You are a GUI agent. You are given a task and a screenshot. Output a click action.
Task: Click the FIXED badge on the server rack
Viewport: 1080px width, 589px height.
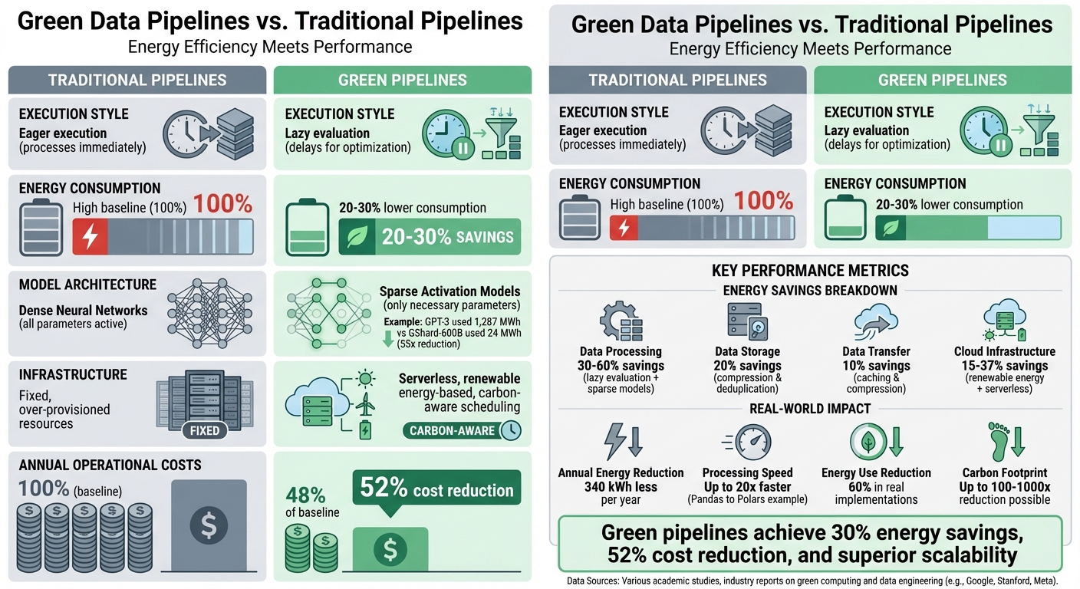pyautogui.click(x=205, y=430)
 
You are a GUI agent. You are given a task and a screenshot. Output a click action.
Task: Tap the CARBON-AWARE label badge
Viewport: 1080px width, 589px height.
pyautogui.click(x=453, y=431)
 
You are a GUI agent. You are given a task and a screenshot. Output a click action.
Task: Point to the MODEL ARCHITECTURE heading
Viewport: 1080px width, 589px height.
pyautogui.click(x=87, y=285)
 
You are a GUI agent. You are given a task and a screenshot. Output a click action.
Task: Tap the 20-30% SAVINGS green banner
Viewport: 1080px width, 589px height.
pyautogui.click(x=430, y=237)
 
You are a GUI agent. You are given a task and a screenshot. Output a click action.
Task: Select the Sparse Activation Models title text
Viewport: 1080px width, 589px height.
pyautogui.click(x=449, y=291)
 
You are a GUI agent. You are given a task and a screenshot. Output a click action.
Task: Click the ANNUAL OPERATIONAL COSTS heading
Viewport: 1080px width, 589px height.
pyautogui.click(x=110, y=465)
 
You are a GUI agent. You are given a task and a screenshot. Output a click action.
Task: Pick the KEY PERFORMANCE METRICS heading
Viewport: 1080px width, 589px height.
pyautogui.click(x=811, y=271)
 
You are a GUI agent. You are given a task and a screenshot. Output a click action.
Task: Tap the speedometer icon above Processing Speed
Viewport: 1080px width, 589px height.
pyautogui.click(x=747, y=443)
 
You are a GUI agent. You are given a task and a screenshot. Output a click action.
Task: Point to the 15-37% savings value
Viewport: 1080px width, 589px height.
pyautogui.click(x=1004, y=366)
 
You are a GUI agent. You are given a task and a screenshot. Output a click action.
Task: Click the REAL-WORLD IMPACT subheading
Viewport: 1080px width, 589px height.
pyautogui.click(x=811, y=409)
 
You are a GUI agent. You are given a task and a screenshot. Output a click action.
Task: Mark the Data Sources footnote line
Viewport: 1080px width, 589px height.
pyautogui.click(x=812, y=581)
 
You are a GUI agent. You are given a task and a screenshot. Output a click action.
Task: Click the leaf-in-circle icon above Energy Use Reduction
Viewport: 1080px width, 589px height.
pyautogui.click(x=868, y=443)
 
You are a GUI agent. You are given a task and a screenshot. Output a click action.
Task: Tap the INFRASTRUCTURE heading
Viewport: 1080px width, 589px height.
pyautogui.click(x=73, y=375)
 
